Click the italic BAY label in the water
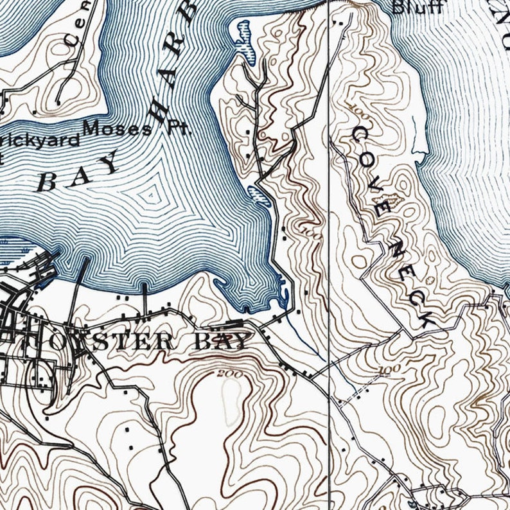(78, 171)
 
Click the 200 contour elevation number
(226, 374)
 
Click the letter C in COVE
(359, 134)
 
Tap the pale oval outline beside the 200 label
(232, 393)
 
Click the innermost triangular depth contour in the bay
(150, 193)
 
